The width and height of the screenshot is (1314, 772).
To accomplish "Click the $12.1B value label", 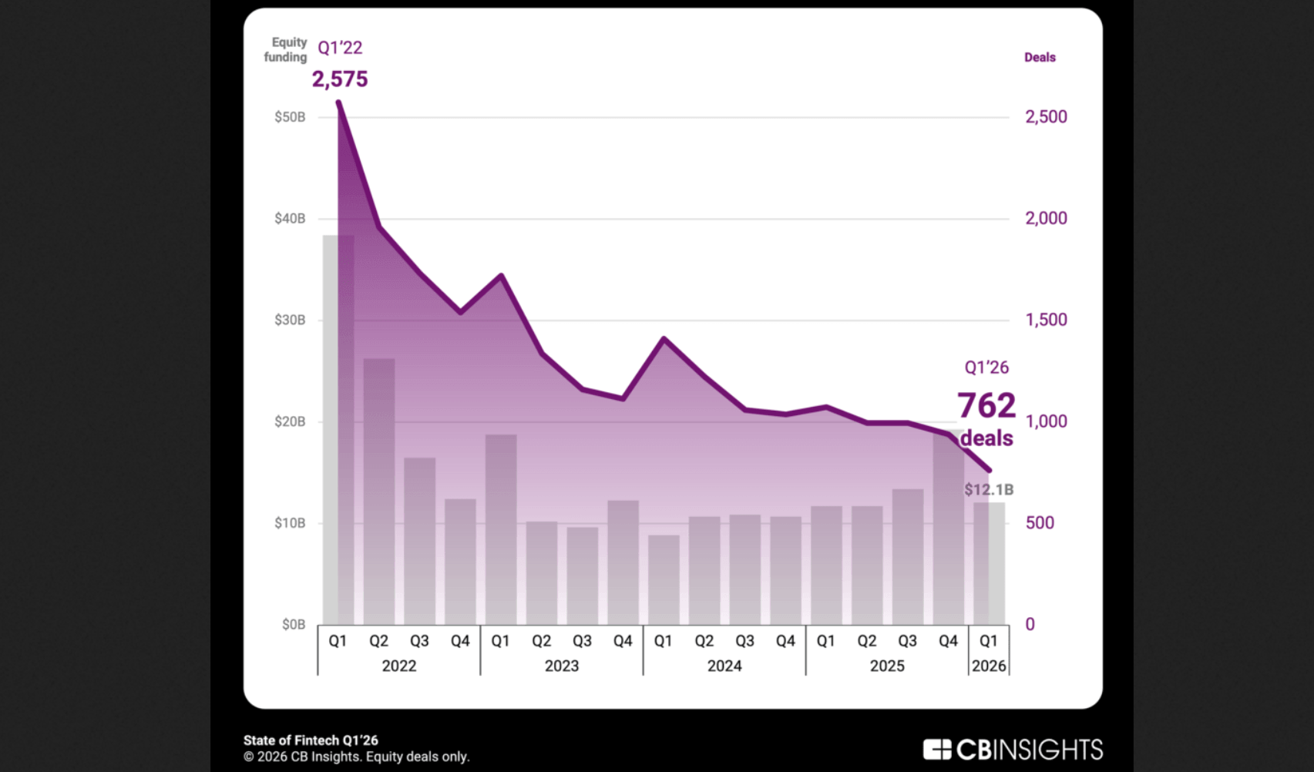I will coord(989,490).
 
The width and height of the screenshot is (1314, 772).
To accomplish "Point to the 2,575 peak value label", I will coord(340,79).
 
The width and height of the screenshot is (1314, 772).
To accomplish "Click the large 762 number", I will coord(986,405).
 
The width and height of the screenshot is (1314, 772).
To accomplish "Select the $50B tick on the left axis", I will coord(290,117).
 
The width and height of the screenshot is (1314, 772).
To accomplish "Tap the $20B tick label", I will coord(290,421).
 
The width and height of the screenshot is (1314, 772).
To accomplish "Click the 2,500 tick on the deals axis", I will coord(1046,117).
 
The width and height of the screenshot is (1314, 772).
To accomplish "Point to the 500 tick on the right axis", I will coord(1040,523).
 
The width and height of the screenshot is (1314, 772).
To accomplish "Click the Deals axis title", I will coord(1040,58).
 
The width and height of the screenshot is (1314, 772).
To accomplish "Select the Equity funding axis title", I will coord(287,49).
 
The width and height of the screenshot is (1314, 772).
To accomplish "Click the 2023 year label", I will coord(562,666).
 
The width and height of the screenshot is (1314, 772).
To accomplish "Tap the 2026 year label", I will coord(989,666).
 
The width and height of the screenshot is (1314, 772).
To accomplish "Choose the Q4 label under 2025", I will coord(948,641).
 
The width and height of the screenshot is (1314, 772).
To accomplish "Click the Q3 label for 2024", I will coord(744,641).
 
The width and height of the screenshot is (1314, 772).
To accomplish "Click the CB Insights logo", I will coord(1013,750).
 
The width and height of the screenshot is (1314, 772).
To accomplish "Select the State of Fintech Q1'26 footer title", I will coord(311,740).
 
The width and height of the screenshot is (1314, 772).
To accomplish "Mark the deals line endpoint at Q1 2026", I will coord(990,470).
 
